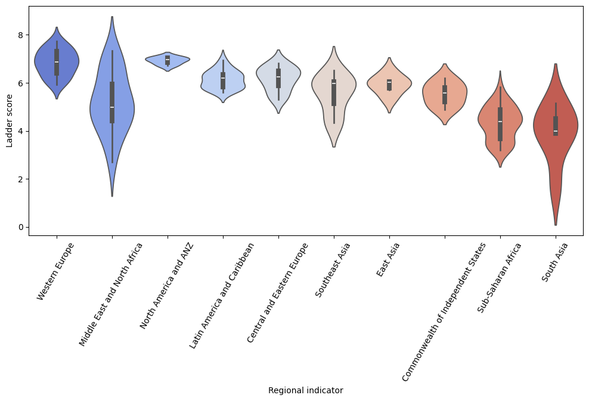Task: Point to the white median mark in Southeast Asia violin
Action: tap(334, 83)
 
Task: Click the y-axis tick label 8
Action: tap(20, 35)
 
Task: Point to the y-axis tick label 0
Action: tap(20, 227)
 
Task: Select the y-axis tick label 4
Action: tap(20, 131)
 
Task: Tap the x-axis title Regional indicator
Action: tap(305, 391)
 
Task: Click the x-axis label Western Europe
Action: tap(55, 271)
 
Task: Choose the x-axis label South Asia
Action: tap(554, 262)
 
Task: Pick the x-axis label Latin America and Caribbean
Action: tap(222, 295)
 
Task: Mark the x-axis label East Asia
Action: tap(388, 259)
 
